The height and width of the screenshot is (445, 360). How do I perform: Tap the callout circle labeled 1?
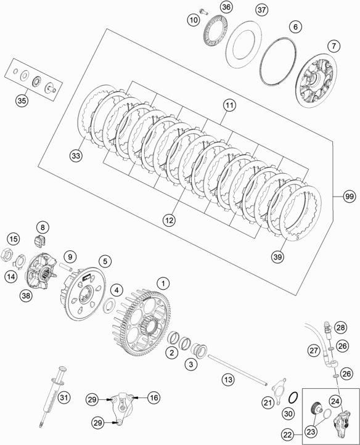coord(163,283)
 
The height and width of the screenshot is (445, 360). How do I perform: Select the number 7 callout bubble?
coord(334,46)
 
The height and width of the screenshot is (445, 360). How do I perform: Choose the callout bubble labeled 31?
coord(63,398)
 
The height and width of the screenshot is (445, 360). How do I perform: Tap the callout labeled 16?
coord(153,398)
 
